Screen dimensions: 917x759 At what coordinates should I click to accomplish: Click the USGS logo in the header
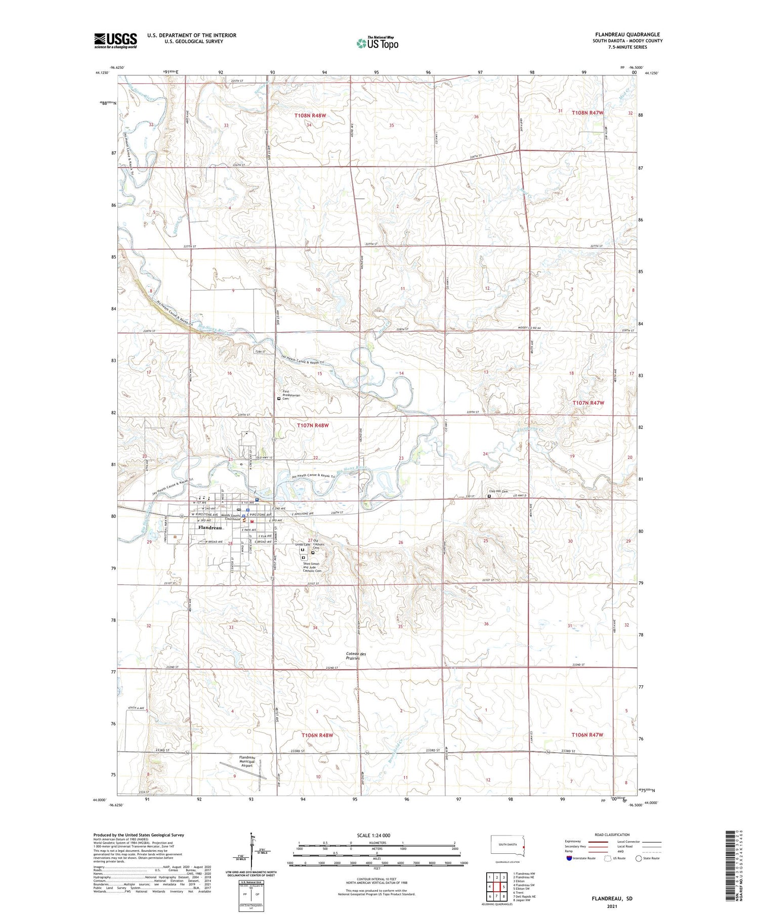tap(115, 40)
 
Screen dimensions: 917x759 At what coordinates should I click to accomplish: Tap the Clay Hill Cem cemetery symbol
tap(489, 496)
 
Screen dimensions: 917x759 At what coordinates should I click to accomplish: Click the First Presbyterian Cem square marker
tap(279, 399)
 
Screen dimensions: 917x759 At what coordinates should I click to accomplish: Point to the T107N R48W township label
tap(312, 425)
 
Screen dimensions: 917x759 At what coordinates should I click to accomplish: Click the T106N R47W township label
tap(587, 734)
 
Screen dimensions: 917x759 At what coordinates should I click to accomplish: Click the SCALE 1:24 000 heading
tap(373, 835)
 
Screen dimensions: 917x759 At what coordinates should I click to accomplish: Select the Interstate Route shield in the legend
tap(569, 858)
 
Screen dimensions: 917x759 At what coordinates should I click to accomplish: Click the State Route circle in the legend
tap(639, 858)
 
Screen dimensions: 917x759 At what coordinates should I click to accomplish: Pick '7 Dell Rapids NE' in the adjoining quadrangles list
tap(524, 896)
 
